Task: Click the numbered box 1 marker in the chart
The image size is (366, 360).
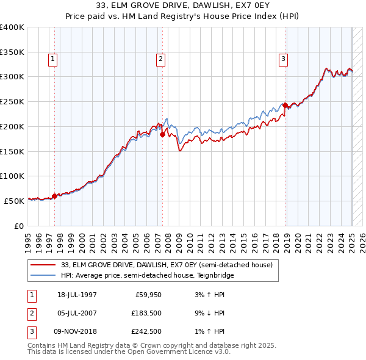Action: [53, 59]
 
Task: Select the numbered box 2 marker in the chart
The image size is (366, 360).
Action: [160, 59]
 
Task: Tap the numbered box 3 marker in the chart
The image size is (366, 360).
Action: [284, 59]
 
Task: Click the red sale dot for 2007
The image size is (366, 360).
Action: [162, 135]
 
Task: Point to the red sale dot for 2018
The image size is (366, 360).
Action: [285, 106]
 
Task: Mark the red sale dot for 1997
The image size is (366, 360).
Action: [54, 196]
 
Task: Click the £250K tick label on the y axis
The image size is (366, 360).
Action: [12, 101]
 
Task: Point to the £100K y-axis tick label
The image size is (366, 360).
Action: [12, 176]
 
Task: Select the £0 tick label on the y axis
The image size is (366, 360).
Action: [20, 226]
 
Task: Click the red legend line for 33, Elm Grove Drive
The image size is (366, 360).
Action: [42, 265]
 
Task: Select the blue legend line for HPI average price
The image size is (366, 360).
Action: [42, 275]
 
